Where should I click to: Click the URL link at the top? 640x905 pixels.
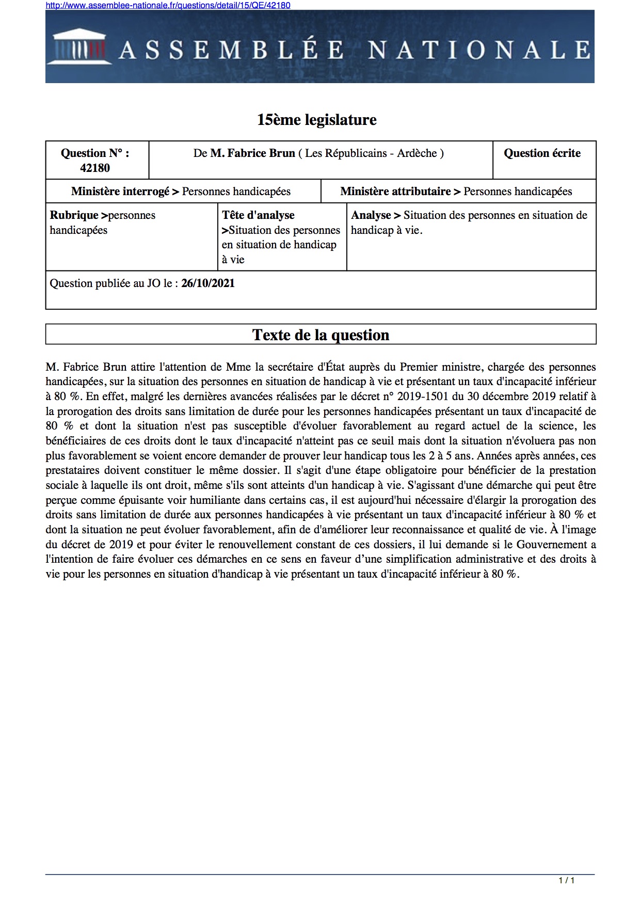click(x=168, y=5)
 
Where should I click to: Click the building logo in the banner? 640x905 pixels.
click(x=79, y=47)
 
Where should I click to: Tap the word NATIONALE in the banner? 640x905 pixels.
click(x=479, y=50)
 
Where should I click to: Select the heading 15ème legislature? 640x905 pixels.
click(x=317, y=120)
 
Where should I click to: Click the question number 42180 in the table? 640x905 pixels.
click(x=95, y=168)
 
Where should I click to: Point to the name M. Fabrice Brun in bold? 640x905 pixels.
click(x=252, y=153)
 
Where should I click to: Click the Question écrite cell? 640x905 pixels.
click(x=542, y=153)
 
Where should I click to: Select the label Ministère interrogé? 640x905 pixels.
click(x=120, y=192)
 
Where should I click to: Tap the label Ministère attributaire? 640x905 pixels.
click(x=395, y=192)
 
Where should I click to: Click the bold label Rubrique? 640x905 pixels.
click(x=74, y=215)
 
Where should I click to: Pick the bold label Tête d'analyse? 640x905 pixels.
click(x=258, y=215)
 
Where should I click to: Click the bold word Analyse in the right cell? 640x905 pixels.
click(x=371, y=215)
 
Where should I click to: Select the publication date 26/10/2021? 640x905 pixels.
click(x=208, y=283)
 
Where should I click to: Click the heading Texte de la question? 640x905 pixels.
click(x=321, y=335)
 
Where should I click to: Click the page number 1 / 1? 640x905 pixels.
click(x=566, y=880)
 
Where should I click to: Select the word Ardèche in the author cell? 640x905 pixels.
click(x=417, y=153)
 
